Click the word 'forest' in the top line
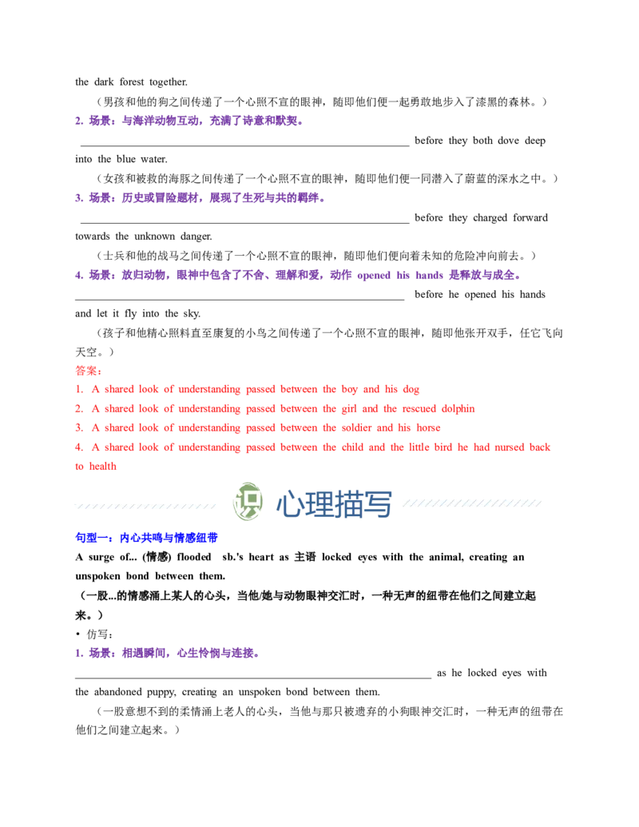point(131,82)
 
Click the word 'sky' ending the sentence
point(191,314)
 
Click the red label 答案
point(89,371)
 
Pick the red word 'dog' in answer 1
point(411,390)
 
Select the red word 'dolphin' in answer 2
point(458,409)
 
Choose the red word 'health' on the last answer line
point(103,467)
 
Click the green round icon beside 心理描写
point(248,502)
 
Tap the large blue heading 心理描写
point(334,504)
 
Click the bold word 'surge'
point(101,558)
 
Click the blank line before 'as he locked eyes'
point(253,678)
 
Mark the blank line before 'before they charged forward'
point(244,223)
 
